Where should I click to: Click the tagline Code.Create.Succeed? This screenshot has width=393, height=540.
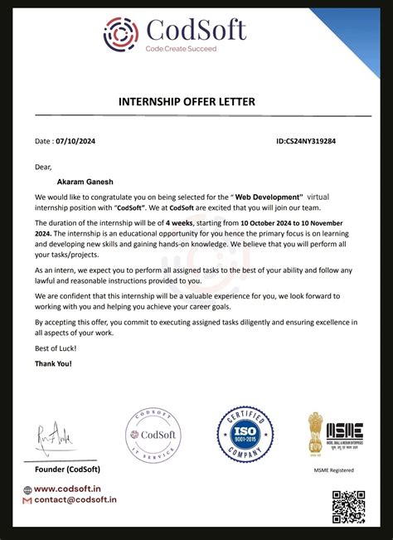tap(181, 49)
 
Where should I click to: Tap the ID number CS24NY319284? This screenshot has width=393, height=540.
tap(306, 142)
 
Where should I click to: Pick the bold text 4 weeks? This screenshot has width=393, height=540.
tap(180, 224)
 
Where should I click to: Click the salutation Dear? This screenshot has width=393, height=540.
tap(43, 167)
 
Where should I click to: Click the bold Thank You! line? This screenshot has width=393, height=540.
tap(53, 364)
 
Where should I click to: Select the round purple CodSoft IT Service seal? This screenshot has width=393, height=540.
tap(153, 435)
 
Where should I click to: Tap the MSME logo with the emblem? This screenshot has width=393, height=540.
tap(336, 432)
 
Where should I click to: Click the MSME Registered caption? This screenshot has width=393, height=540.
tap(335, 470)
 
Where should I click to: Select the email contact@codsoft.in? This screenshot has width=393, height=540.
tap(75, 501)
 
